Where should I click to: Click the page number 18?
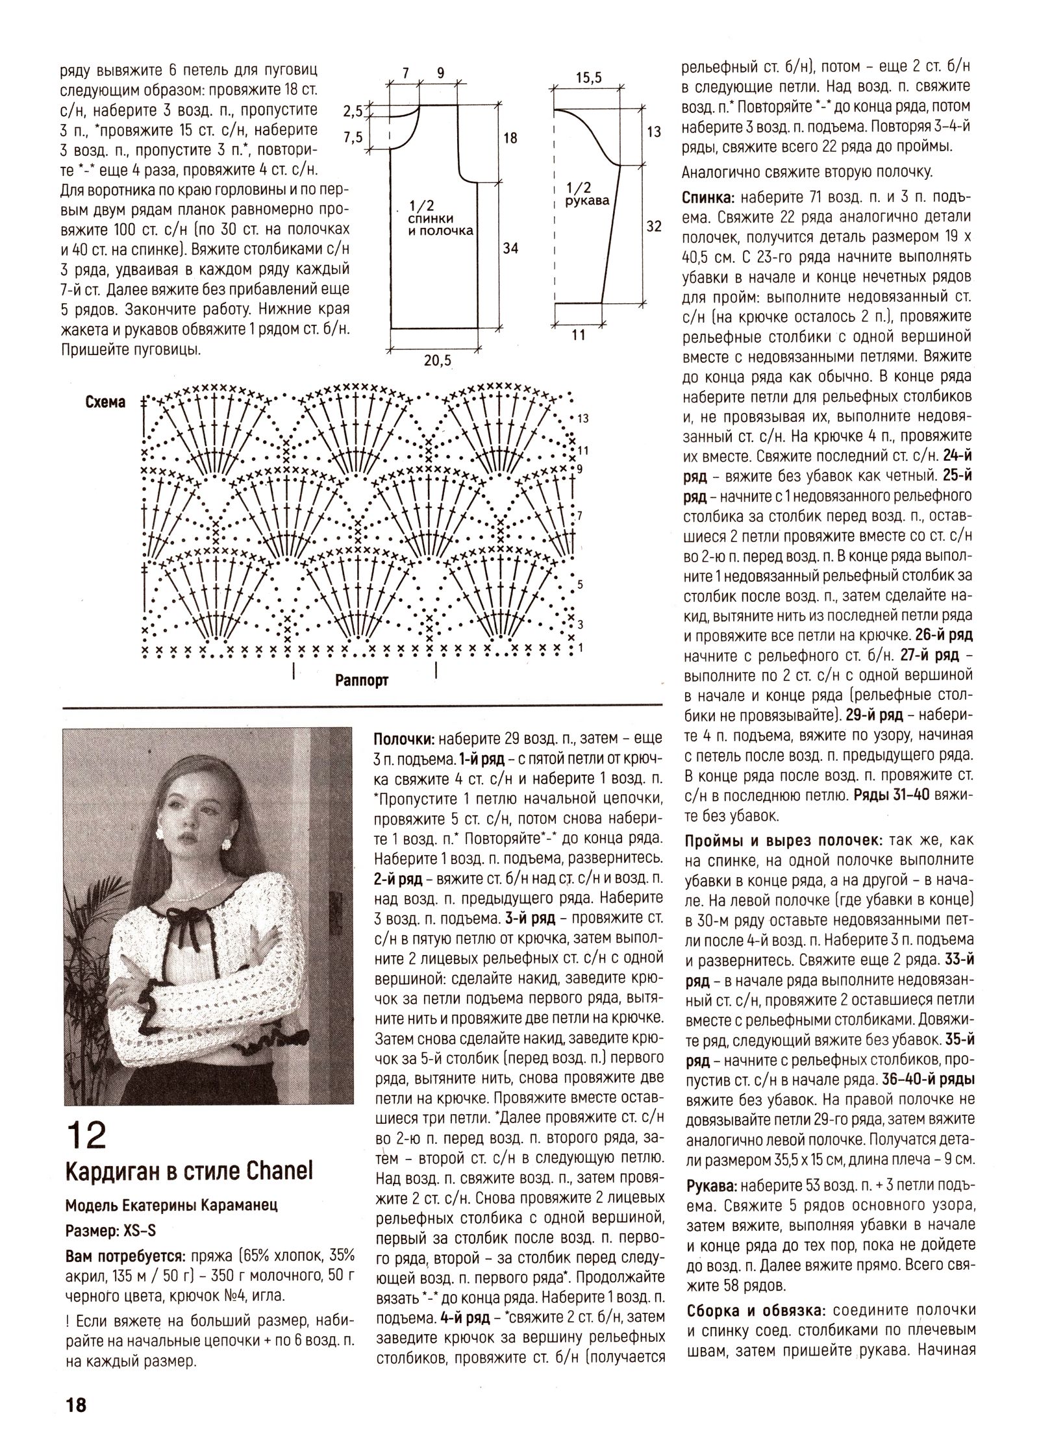click(75, 1400)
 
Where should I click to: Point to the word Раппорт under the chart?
click(362, 680)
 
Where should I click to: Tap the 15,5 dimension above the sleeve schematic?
click(589, 78)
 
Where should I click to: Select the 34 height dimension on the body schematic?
click(510, 247)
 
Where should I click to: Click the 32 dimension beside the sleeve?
click(654, 226)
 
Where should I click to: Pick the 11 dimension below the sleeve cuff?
click(579, 335)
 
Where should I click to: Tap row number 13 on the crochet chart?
click(582, 419)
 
